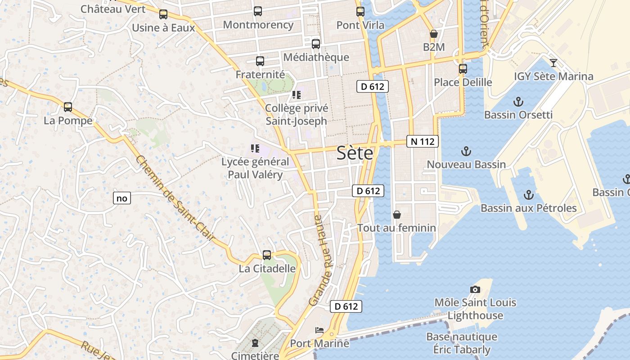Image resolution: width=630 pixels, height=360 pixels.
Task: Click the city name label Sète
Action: tap(355, 153)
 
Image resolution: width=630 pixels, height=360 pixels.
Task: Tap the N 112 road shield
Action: tap(423, 141)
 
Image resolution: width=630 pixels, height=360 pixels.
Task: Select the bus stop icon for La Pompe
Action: tap(68, 107)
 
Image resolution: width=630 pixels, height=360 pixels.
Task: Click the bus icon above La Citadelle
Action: tap(267, 255)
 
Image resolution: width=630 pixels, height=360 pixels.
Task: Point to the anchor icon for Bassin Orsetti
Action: tap(518, 101)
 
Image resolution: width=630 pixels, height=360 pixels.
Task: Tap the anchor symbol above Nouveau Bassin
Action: tap(466, 151)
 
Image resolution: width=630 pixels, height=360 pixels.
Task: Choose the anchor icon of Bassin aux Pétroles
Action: tap(529, 195)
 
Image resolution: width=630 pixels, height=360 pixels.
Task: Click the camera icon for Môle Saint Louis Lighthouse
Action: tap(475, 289)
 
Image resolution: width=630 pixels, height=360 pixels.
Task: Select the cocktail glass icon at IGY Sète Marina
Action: tap(553, 63)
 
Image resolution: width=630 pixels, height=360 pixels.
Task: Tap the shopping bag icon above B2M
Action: tap(434, 34)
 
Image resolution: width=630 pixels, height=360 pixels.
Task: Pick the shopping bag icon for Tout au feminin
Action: tap(397, 215)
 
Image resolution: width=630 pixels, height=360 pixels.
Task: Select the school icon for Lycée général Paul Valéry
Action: tap(255, 148)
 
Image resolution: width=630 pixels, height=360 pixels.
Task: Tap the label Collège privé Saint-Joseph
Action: tap(297, 114)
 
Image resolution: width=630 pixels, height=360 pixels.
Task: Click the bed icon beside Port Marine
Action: tap(319, 330)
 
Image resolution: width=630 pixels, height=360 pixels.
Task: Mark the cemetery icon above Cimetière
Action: tap(255, 343)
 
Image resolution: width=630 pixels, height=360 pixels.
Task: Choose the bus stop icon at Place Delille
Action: tap(463, 69)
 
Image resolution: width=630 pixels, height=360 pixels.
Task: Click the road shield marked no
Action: tap(121, 198)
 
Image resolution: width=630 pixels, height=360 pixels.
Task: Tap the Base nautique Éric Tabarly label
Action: tap(462, 343)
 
